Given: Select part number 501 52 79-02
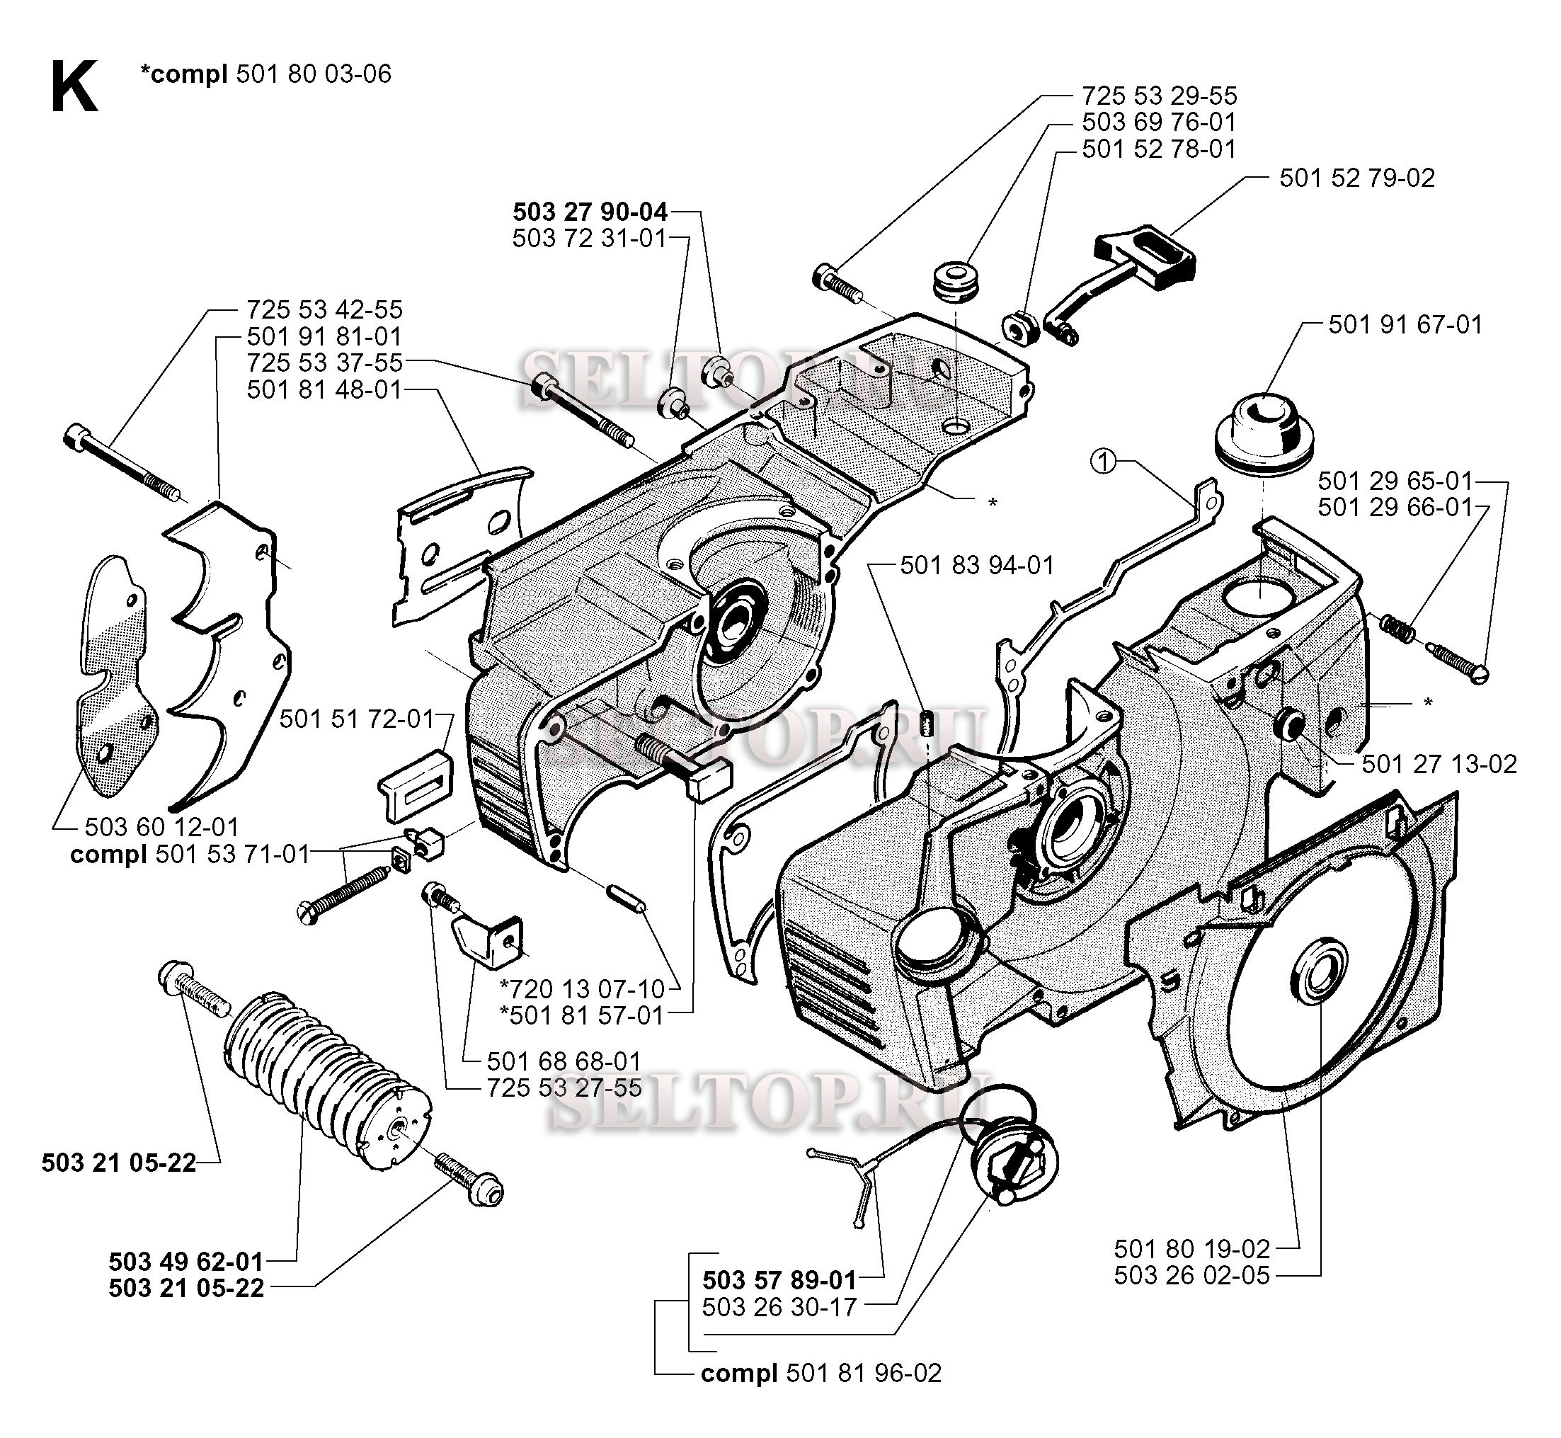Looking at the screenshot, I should click(1356, 178).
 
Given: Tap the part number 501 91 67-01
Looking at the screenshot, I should click(1405, 324).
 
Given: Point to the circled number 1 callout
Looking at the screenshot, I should click(1103, 462).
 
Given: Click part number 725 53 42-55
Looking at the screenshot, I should click(324, 309).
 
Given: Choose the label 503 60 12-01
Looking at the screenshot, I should click(161, 826).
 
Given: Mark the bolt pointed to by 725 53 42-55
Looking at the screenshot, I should click(125, 460).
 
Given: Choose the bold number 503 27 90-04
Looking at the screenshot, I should click(590, 212).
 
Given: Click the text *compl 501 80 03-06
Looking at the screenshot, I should click(265, 74).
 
